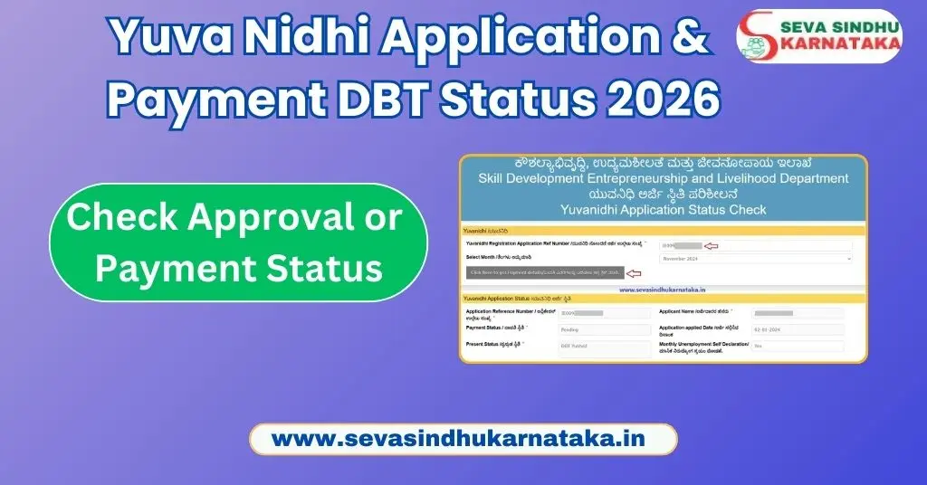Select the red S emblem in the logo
(x=758, y=35)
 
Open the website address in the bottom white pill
(x=463, y=439)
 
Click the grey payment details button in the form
(x=545, y=272)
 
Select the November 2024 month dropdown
(x=755, y=259)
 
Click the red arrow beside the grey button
(x=634, y=273)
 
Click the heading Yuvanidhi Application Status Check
(x=663, y=210)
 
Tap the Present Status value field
(x=604, y=347)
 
